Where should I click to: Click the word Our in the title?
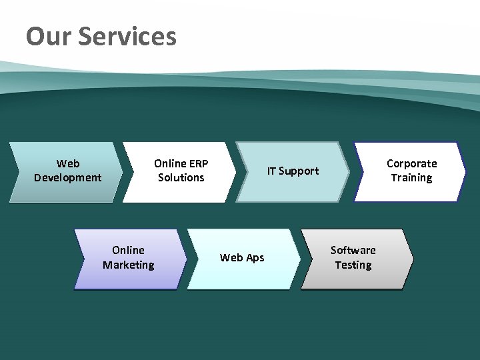click(49, 36)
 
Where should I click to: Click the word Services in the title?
click(127, 36)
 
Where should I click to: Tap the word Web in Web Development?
click(68, 163)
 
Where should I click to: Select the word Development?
click(68, 177)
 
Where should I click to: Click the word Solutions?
click(181, 177)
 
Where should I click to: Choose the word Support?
click(299, 171)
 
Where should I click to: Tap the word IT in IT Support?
click(272, 171)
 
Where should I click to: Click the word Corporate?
click(412, 163)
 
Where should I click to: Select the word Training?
click(412, 177)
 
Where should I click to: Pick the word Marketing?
click(129, 265)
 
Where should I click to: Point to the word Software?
click(353, 250)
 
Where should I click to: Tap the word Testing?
click(353, 265)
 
